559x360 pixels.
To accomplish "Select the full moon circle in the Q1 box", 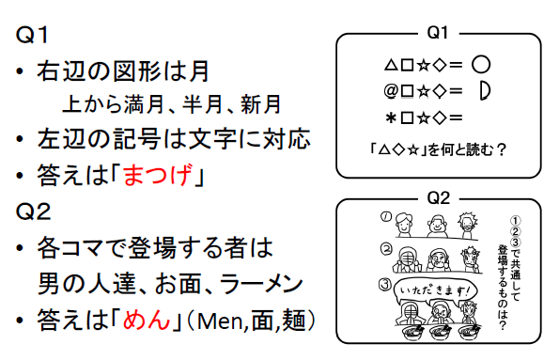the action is pos(481,67).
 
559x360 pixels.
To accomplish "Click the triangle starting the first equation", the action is pos(391,68).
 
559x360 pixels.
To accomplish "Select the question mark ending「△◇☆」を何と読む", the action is pos(503,148).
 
